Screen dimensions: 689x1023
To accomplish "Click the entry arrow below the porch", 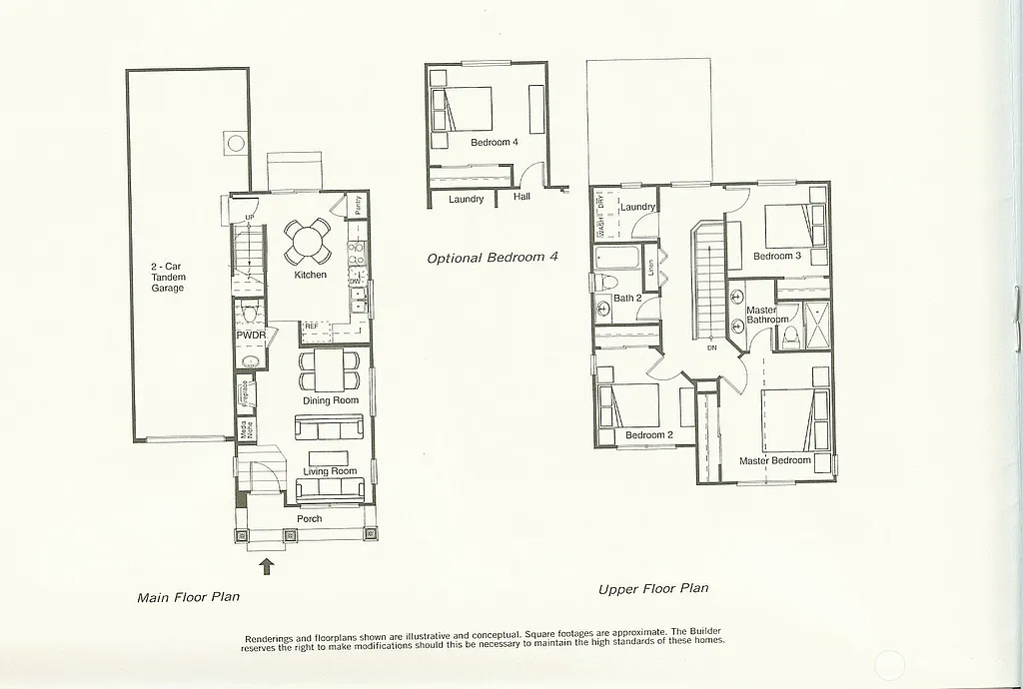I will coord(267,567).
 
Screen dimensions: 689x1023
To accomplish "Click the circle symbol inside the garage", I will coord(236,143).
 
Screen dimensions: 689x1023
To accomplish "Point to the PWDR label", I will coord(251,336).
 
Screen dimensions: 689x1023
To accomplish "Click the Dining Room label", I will coord(331,400).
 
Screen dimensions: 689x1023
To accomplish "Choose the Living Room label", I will coord(330,471).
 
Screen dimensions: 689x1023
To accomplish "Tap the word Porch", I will coord(310,518).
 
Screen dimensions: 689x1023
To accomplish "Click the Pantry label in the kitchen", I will coord(358,206).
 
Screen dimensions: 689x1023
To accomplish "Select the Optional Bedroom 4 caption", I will coord(493,258).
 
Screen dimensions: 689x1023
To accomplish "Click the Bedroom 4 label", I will coord(495,143).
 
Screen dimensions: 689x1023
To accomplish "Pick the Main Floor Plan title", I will coord(188,598).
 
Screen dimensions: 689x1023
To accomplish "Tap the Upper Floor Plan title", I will coord(653,589).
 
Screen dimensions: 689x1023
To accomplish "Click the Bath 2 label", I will coord(627,299).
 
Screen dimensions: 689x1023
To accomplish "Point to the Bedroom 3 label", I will coord(777,257).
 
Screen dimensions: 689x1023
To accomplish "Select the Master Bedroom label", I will coord(774,460).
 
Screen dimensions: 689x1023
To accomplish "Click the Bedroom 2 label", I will coord(649,435).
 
